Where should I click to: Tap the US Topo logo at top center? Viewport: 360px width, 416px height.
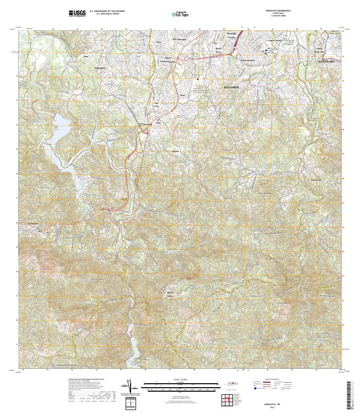pos(180,14)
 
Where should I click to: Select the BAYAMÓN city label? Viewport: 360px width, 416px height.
pos(231,87)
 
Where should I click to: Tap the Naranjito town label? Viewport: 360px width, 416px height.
pos(33,223)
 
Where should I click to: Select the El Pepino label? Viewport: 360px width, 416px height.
pos(144,124)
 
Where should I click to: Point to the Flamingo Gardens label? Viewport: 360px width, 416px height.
pos(231,36)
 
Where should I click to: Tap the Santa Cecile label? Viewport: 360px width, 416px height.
pos(316,179)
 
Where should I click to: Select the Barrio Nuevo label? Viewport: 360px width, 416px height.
pos(170,293)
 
